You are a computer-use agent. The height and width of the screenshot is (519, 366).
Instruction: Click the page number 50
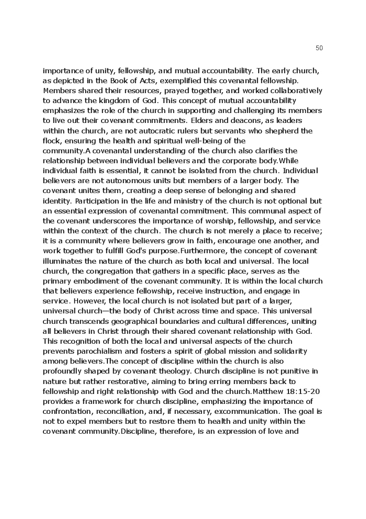[x=319, y=48]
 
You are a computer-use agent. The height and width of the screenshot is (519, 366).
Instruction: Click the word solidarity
[x=289, y=351]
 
